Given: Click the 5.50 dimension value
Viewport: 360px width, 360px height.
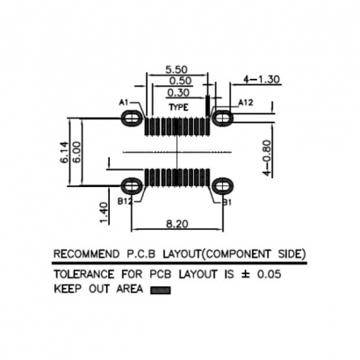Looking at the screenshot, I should (177, 68).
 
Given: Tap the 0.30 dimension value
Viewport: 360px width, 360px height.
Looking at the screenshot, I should (177, 91).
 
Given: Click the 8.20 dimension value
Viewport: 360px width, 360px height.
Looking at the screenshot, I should (177, 225).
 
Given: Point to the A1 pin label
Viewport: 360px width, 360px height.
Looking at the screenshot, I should (123, 104).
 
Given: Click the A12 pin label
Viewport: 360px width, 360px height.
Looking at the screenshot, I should (246, 103).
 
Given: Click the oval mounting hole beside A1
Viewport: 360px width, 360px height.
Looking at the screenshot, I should (133, 116).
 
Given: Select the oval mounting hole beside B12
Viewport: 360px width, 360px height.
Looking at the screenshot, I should (133, 185).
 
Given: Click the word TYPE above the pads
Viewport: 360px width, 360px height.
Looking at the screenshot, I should (178, 106).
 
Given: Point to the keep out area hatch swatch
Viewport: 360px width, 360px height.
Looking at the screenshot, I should (159, 288).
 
